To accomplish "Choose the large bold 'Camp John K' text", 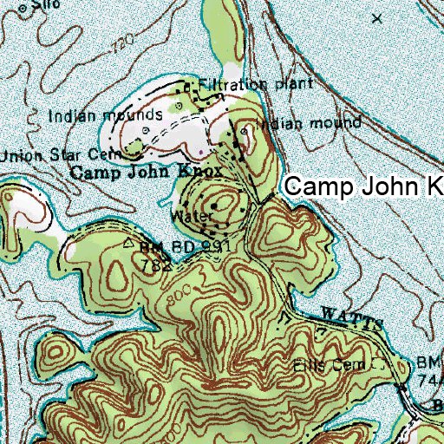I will [x=364, y=186].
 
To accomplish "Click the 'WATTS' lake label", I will [x=351, y=317].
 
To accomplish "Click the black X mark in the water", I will [x=376, y=17].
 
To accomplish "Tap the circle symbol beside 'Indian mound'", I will [x=245, y=132].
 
